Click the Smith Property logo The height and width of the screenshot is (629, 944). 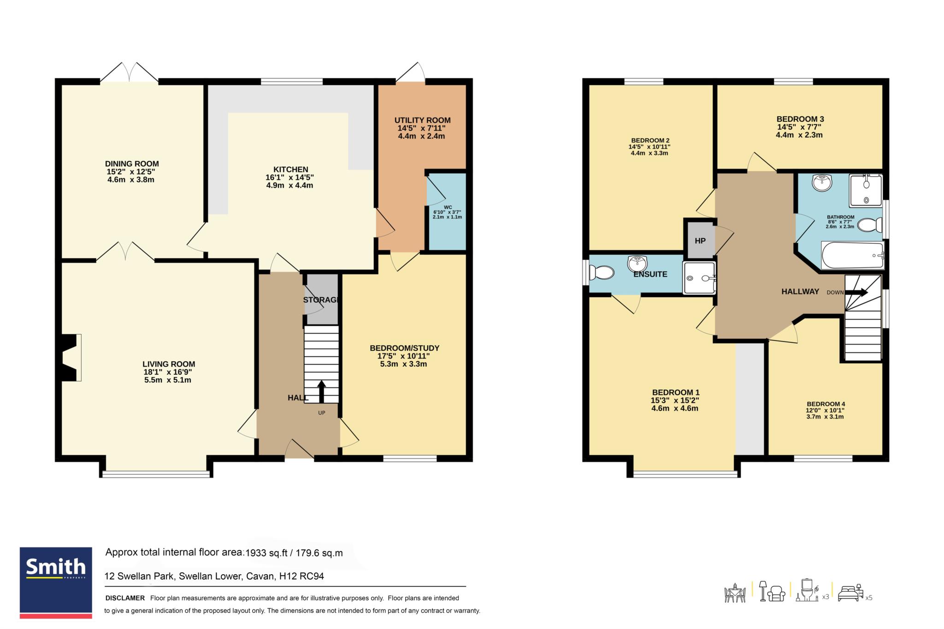click(x=56, y=583)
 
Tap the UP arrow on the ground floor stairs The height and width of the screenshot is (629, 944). click(x=321, y=392)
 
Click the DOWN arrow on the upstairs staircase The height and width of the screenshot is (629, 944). click(x=857, y=292)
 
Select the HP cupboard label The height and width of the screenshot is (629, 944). click(x=700, y=241)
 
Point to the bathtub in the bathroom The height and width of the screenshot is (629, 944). click(x=852, y=255)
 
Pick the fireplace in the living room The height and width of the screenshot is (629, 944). click(x=69, y=357)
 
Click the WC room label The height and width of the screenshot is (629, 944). click(x=448, y=207)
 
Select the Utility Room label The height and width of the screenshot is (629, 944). click(x=422, y=120)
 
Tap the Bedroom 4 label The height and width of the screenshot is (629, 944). click(x=826, y=404)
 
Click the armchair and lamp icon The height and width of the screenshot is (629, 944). click(x=773, y=591)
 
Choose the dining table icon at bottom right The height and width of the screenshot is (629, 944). click(x=735, y=593)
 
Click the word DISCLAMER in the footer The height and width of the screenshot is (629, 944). click(x=125, y=598)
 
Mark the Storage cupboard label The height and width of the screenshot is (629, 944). click(x=321, y=300)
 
